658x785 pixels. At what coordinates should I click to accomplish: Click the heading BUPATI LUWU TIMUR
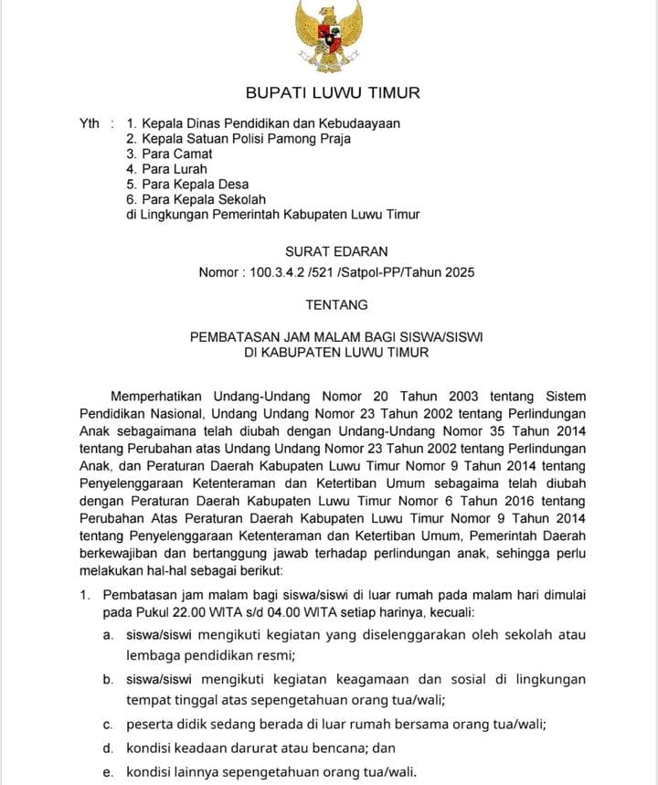333,93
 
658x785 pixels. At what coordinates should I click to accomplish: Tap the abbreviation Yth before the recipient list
90,123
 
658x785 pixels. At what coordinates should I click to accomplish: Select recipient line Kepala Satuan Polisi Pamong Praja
239,139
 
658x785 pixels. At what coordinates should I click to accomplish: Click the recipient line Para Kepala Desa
187,185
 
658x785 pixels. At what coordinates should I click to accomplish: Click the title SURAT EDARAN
336,251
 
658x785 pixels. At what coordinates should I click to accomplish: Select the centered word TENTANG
336,304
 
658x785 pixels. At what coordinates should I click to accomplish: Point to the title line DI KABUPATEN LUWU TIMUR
336,352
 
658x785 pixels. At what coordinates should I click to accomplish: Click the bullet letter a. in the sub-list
108,634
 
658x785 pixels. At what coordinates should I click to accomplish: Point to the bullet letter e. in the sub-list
108,771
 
